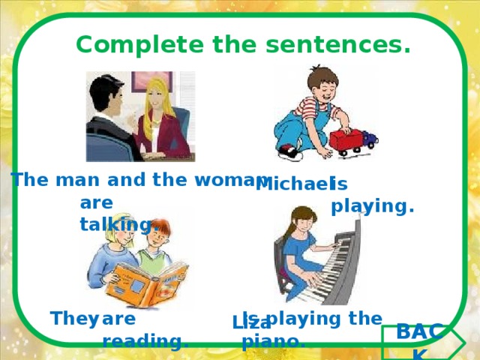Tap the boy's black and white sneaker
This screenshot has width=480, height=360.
[x=289, y=153]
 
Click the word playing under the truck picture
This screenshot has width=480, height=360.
[x=373, y=205]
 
